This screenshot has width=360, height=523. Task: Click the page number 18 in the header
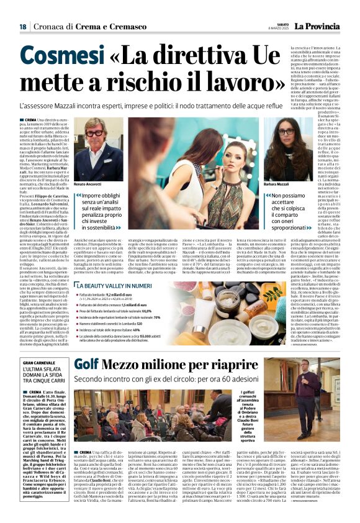pos(22,27)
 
